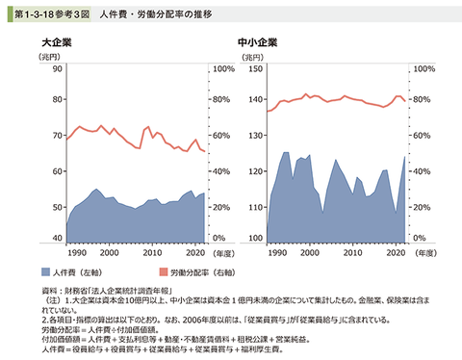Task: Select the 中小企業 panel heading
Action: pyautogui.click(x=257, y=43)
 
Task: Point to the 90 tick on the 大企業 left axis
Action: pyautogui.click(x=57, y=69)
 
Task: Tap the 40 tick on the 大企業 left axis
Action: pyautogui.click(x=57, y=238)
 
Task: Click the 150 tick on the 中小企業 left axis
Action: pyautogui.click(x=256, y=69)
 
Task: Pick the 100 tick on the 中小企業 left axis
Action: pyautogui.click(x=256, y=238)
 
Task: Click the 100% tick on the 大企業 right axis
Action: pyautogui.click(x=222, y=69)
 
